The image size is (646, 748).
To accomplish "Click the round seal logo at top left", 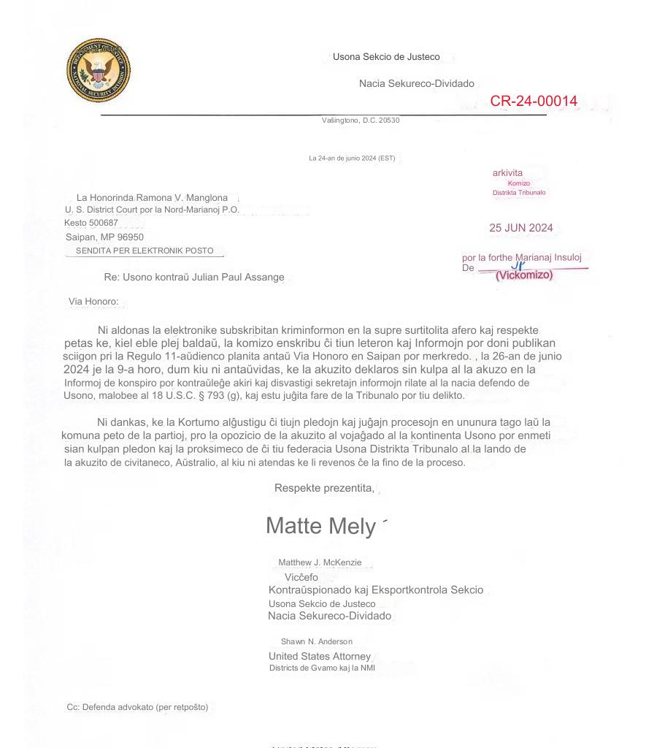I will click(x=98, y=71).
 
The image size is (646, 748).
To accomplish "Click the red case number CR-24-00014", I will click(x=533, y=101).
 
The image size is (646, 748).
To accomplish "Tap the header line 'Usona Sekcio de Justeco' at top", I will click(x=386, y=56).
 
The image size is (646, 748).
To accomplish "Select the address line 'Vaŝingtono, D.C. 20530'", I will click(x=361, y=121).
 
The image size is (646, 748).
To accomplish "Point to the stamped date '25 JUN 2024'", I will click(x=520, y=228).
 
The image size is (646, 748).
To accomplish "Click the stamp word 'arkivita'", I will click(x=507, y=173).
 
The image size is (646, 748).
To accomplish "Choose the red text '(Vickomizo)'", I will click(x=523, y=275).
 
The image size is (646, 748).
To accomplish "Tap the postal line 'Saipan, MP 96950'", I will click(x=104, y=237).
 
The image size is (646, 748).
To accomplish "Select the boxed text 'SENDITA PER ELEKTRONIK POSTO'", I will click(x=145, y=251).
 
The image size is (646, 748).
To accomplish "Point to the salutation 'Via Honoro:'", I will click(x=93, y=301).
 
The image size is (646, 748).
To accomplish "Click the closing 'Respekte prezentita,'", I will click(x=324, y=488).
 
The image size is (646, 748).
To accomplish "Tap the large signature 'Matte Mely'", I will click(x=321, y=525).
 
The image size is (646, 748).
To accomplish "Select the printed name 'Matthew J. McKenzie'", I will click(x=324, y=562).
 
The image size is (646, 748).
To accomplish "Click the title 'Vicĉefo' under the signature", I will click(x=301, y=577).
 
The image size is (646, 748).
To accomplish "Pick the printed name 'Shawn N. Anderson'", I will click(x=316, y=641).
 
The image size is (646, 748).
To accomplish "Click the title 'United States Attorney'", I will click(x=319, y=656).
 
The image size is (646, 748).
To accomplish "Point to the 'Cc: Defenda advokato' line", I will click(x=137, y=707).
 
